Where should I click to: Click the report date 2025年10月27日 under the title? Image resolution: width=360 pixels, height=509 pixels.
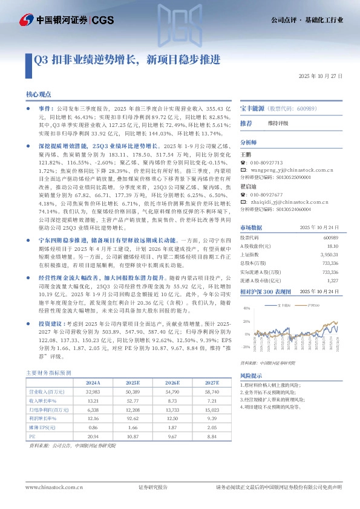(x=321, y=77)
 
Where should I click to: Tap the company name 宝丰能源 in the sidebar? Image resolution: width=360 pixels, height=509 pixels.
(x=252, y=107)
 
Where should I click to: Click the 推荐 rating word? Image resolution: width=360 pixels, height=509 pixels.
(x=246, y=123)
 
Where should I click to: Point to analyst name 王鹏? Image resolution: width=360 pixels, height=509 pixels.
(x=246, y=155)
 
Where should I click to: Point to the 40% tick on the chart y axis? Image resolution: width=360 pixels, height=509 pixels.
(x=246, y=308)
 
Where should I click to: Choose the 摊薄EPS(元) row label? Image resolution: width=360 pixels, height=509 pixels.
(x=43, y=426)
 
